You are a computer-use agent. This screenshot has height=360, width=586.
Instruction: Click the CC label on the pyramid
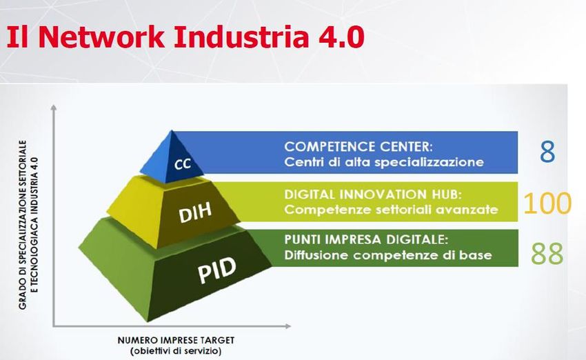pyautogui.click(x=183, y=163)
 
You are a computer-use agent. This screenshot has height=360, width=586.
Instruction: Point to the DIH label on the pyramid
pyautogui.click(x=195, y=213)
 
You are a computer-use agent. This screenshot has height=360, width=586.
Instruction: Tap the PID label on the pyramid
pyautogui.click(x=216, y=270)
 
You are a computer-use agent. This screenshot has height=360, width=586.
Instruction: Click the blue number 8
pyautogui.click(x=547, y=152)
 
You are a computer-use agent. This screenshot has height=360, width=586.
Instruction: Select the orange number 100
pyautogui.click(x=547, y=203)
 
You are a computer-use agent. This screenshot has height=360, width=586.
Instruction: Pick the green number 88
pyautogui.click(x=547, y=254)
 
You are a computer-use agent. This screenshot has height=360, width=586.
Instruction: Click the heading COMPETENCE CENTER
pyautogui.click(x=358, y=146)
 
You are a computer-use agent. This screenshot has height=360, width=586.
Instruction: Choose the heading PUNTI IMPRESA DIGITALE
pyautogui.click(x=366, y=239)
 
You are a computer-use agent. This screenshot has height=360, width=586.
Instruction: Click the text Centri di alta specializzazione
pyautogui.click(x=384, y=162)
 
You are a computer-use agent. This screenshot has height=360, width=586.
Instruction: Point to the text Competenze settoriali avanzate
pyautogui.click(x=391, y=210)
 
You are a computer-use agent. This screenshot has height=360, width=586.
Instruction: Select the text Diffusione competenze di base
pyautogui.click(x=388, y=255)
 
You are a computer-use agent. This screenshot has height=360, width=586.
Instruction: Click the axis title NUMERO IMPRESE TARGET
pyautogui.click(x=176, y=341)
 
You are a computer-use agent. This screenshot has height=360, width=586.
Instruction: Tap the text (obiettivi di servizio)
pyautogui.click(x=176, y=351)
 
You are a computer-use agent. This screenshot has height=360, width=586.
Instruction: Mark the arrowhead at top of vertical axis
pyautogui.click(x=54, y=108)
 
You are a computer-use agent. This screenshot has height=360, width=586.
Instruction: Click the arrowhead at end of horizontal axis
pyautogui.click(x=288, y=326)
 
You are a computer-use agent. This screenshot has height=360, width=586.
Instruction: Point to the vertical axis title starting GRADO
pyautogui.click(x=28, y=225)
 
